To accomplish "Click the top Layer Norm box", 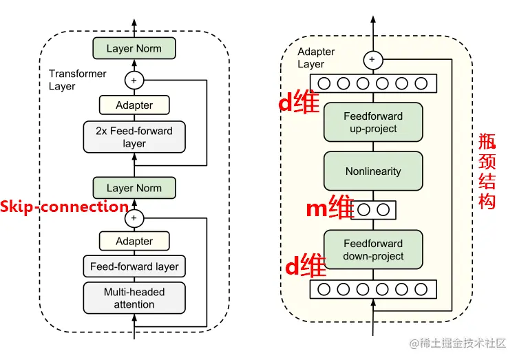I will (x=134, y=48).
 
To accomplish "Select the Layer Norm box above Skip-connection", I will (x=134, y=188).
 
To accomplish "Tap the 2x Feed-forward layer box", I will (x=134, y=137).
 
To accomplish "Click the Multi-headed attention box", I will (x=134, y=298).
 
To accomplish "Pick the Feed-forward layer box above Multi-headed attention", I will (x=134, y=266).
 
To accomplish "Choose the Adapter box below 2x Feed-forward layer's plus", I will (x=134, y=105).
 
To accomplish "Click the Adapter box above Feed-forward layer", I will (x=134, y=241).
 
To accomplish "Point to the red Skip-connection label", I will (x=64, y=207).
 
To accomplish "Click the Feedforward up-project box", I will (x=373, y=123).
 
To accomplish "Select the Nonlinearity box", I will (x=373, y=171).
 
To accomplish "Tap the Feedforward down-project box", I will (x=373, y=250).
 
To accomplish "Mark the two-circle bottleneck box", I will (x=374, y=209).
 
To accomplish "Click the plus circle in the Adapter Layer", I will (x=373, y=60).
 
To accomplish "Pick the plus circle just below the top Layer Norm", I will (x=134, y=80).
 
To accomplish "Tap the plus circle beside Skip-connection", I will (x=134, y=219).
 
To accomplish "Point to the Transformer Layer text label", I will (x=77, y=80).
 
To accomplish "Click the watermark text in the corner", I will (x=458, y=342).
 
